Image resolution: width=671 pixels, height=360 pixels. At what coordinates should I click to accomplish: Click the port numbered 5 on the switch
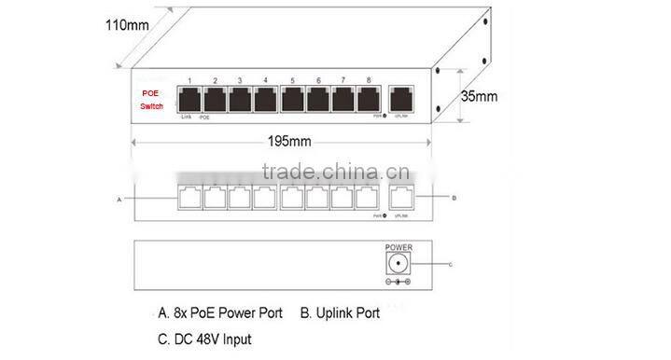pyautogui.click(x=292, y=97)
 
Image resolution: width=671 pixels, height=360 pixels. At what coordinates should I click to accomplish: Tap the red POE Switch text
pyautogui.click(x=150, y=101)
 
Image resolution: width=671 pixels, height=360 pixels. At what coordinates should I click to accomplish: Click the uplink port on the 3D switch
pyautogui.click(x=402, y=97)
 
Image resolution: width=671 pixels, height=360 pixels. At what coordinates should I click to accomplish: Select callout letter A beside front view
pyautogui.click(x=119, y=200)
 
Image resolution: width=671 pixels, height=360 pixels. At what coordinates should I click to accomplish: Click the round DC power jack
pyautogui.click(x=399, y=264)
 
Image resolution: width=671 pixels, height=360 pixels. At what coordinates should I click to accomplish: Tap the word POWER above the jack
pyautogui.click(x=399, y=248)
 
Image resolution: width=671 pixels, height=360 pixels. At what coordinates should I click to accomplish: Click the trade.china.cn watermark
pyautogui.click(x=331, y=173)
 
